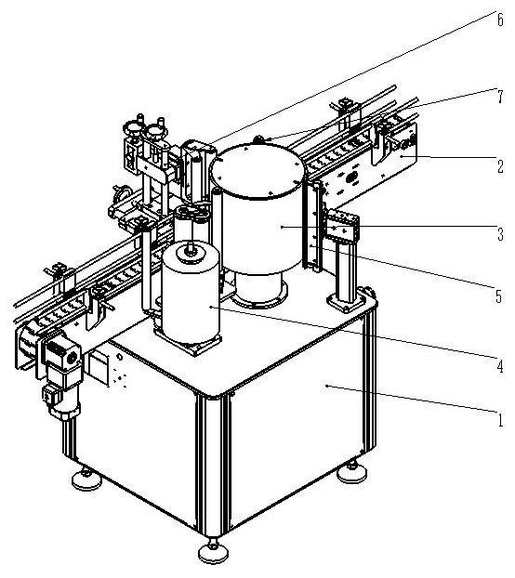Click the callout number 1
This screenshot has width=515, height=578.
click(x=500, y=419)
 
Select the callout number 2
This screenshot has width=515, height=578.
click(x=500, y=166)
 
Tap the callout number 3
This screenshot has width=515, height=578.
click(x=500, y=234)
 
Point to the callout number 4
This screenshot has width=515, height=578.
click(x=500, y=366)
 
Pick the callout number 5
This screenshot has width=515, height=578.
click(x=499, y=296)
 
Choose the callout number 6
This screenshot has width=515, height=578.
click(x=500, y=20)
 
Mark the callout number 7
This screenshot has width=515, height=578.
click(x=500, y=97)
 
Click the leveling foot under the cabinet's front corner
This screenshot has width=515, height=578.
click(x=213, y=551)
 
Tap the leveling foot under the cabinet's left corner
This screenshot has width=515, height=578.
click(x=86, y=479)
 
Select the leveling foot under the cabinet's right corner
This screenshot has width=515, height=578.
click(x=352, y=471)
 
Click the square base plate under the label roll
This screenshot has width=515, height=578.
click(x=188, y=341)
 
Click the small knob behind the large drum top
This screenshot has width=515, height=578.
click(x=258, y=139)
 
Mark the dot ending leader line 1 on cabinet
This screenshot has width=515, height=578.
click(x=326, y=386)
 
